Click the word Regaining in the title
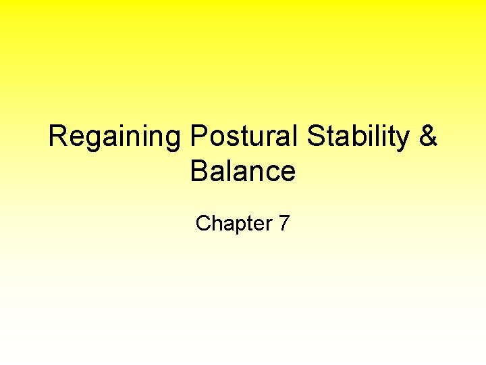115,137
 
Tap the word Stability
358,137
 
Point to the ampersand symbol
428,137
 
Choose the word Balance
243,171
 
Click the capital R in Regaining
58,137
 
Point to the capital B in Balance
199,171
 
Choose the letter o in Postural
217,140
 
